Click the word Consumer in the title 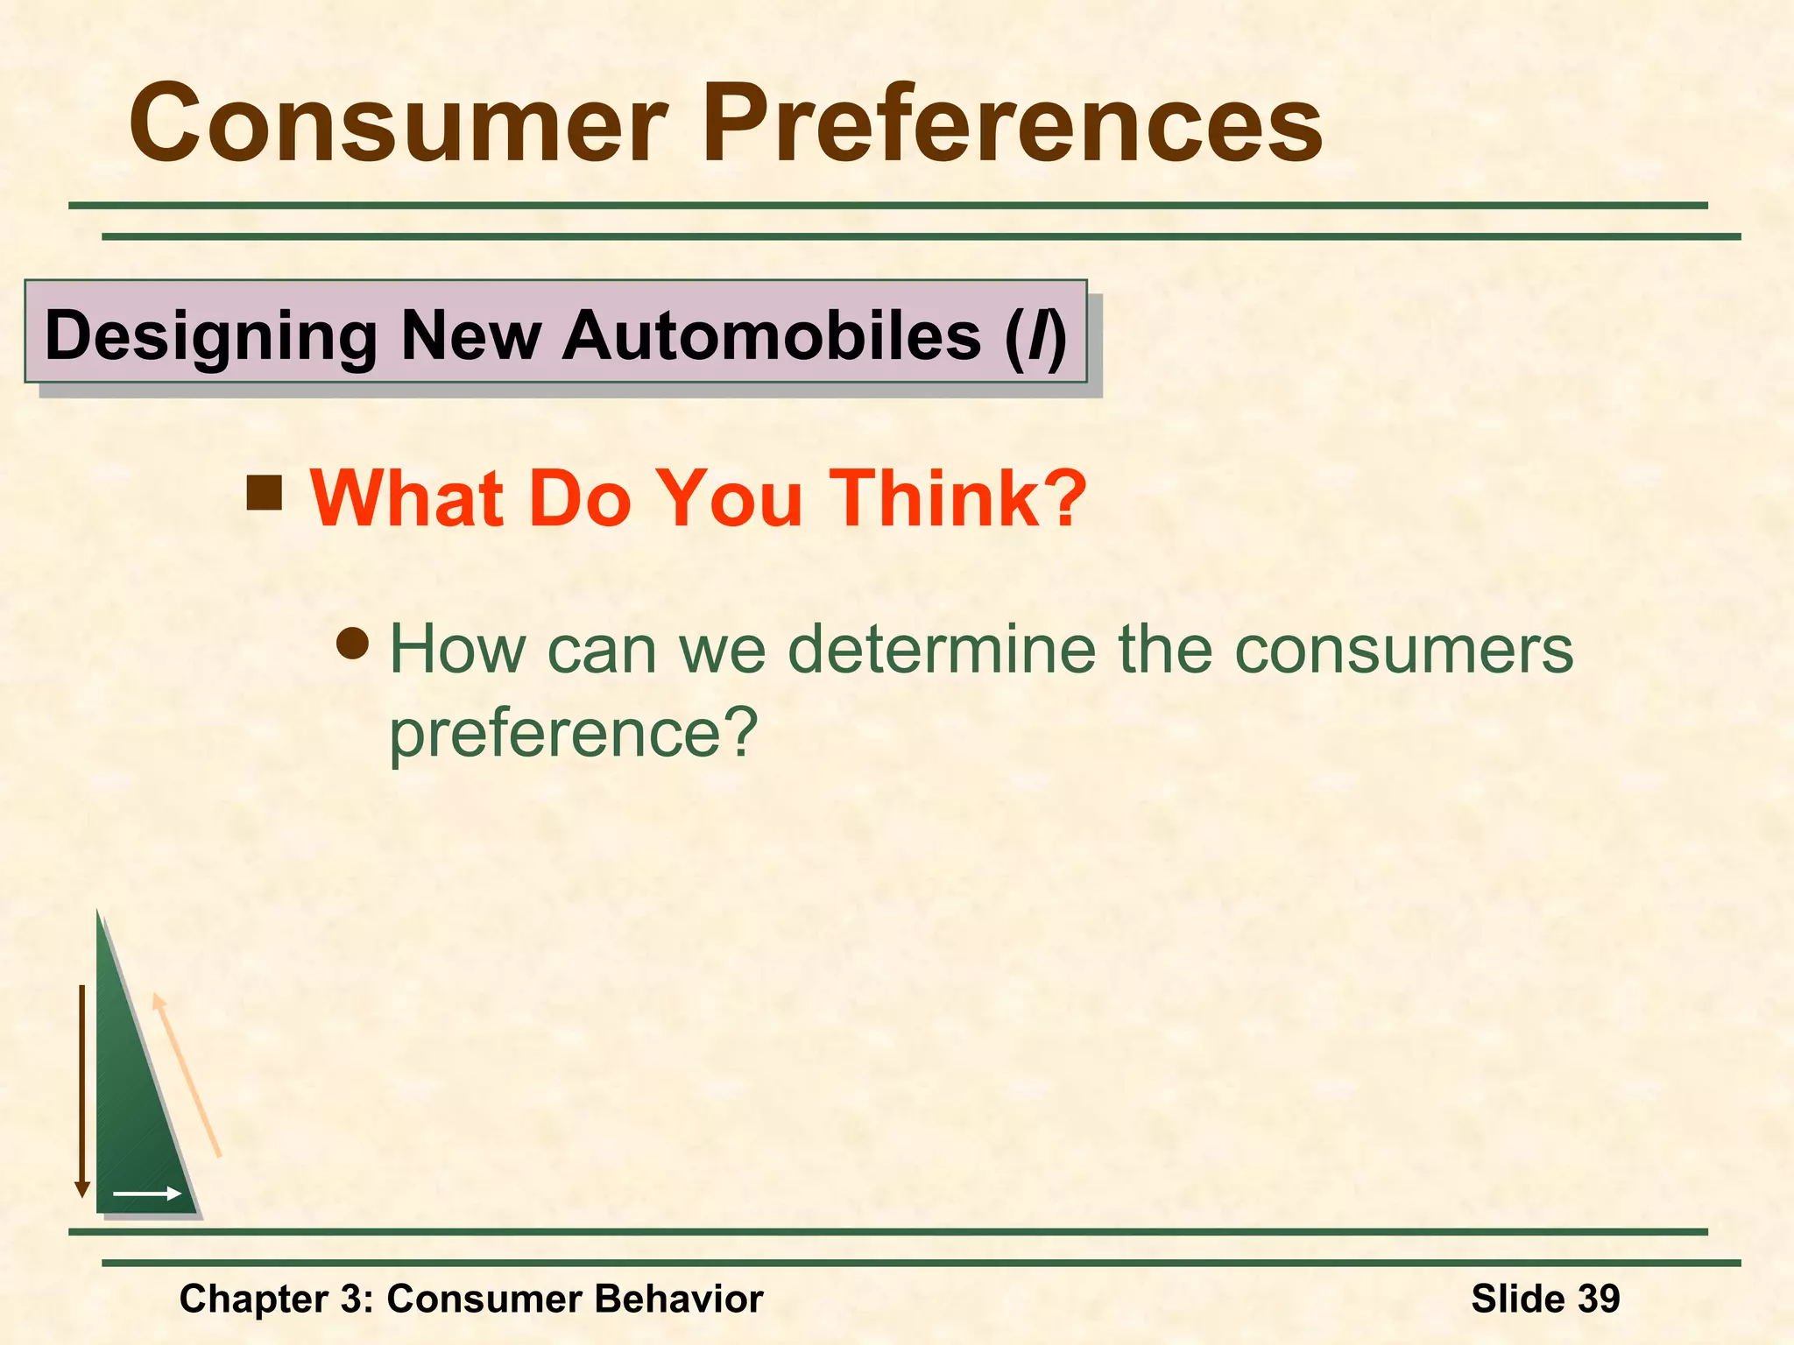click(399, 124)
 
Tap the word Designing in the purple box click(210, 336)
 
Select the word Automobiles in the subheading click(771, 336)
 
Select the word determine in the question click(942, 650)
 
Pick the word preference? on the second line click(573, 734)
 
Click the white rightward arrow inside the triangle click(147, 1194)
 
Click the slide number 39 click(1598, 1299)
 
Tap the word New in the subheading click(470, 336)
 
